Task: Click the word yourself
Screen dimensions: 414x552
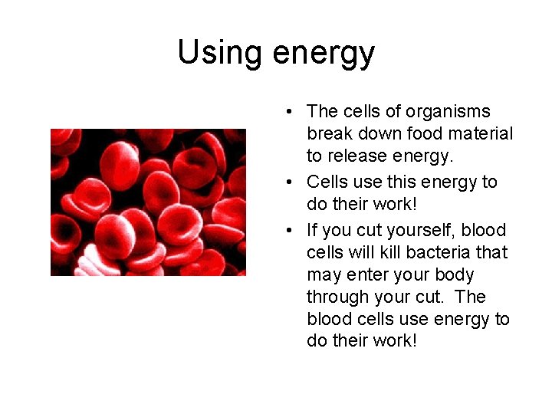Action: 419,230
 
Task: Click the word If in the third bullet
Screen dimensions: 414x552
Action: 312,230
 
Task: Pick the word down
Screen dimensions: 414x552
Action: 376,134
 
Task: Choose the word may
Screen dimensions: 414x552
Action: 323,275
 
